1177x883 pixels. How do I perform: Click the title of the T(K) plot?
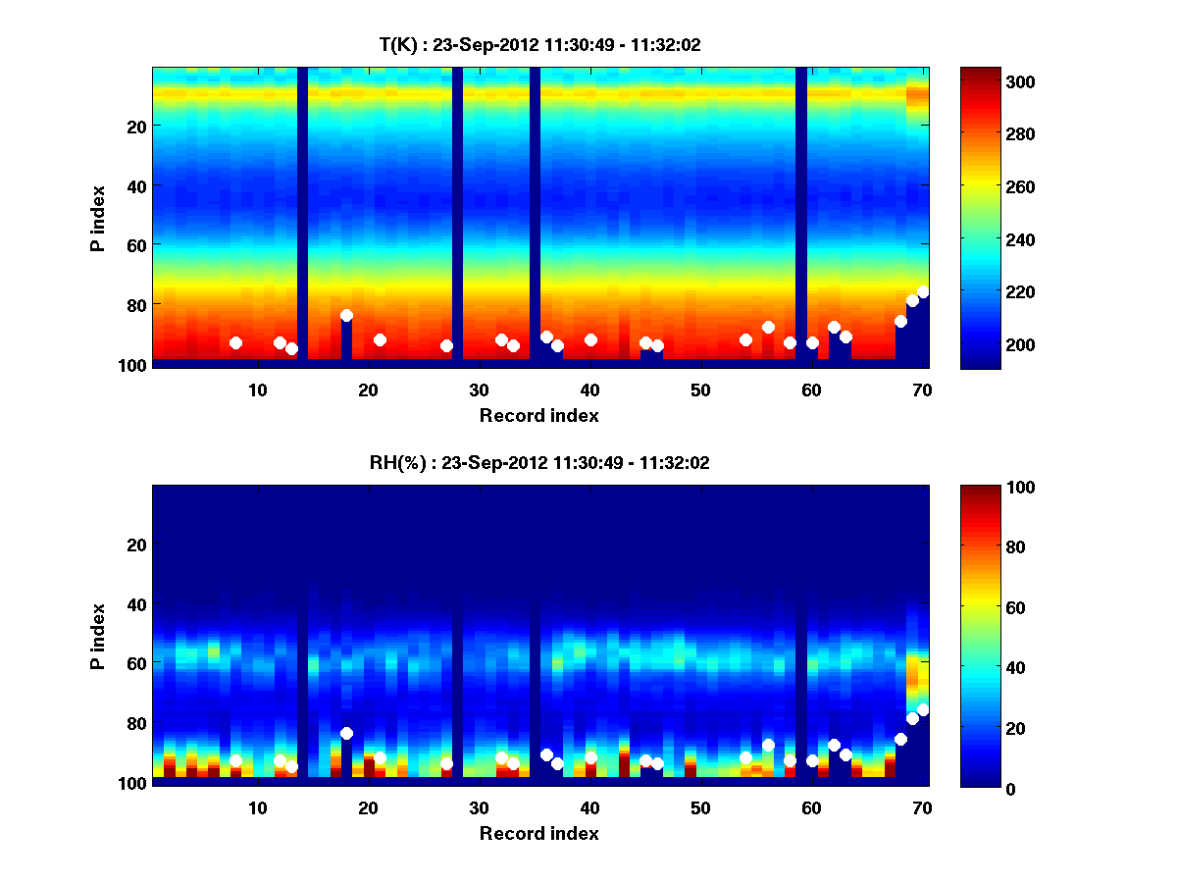[539, 44]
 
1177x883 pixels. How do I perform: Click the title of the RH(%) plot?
[539, 463]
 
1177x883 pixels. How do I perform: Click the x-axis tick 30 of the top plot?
[479, 389]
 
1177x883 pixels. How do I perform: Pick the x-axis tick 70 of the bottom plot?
[922, 807]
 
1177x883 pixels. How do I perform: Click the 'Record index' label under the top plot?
[539, 415]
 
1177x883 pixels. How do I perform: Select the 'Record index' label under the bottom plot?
[539, 833]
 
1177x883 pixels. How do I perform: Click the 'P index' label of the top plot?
[98, 216]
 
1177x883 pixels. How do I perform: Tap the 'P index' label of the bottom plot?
[98, 635]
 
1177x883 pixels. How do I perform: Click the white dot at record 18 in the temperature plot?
[346, 316]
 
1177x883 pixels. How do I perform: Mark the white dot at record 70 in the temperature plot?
[923, 292]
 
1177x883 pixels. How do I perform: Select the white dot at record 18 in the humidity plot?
[346, 734]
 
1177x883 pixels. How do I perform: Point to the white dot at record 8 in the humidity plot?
[235, 761]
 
